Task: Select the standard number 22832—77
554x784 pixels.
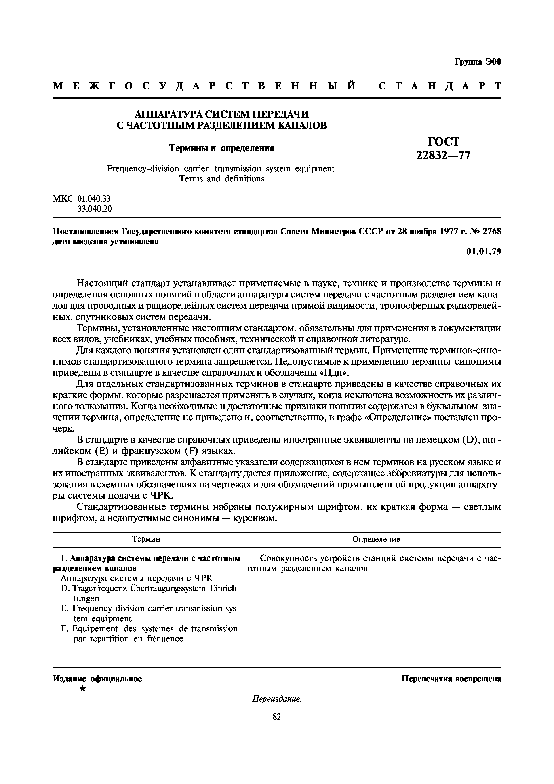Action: point(443,155)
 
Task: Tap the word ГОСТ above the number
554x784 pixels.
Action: point(443,141)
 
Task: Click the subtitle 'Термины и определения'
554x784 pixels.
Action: point(222,148)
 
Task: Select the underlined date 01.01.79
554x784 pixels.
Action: point(484,252)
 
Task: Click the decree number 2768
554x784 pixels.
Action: point(491,232)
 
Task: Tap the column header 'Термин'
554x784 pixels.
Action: point(146,539)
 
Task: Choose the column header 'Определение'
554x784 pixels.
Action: point(376,539)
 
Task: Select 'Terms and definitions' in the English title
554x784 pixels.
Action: point(222,179)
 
